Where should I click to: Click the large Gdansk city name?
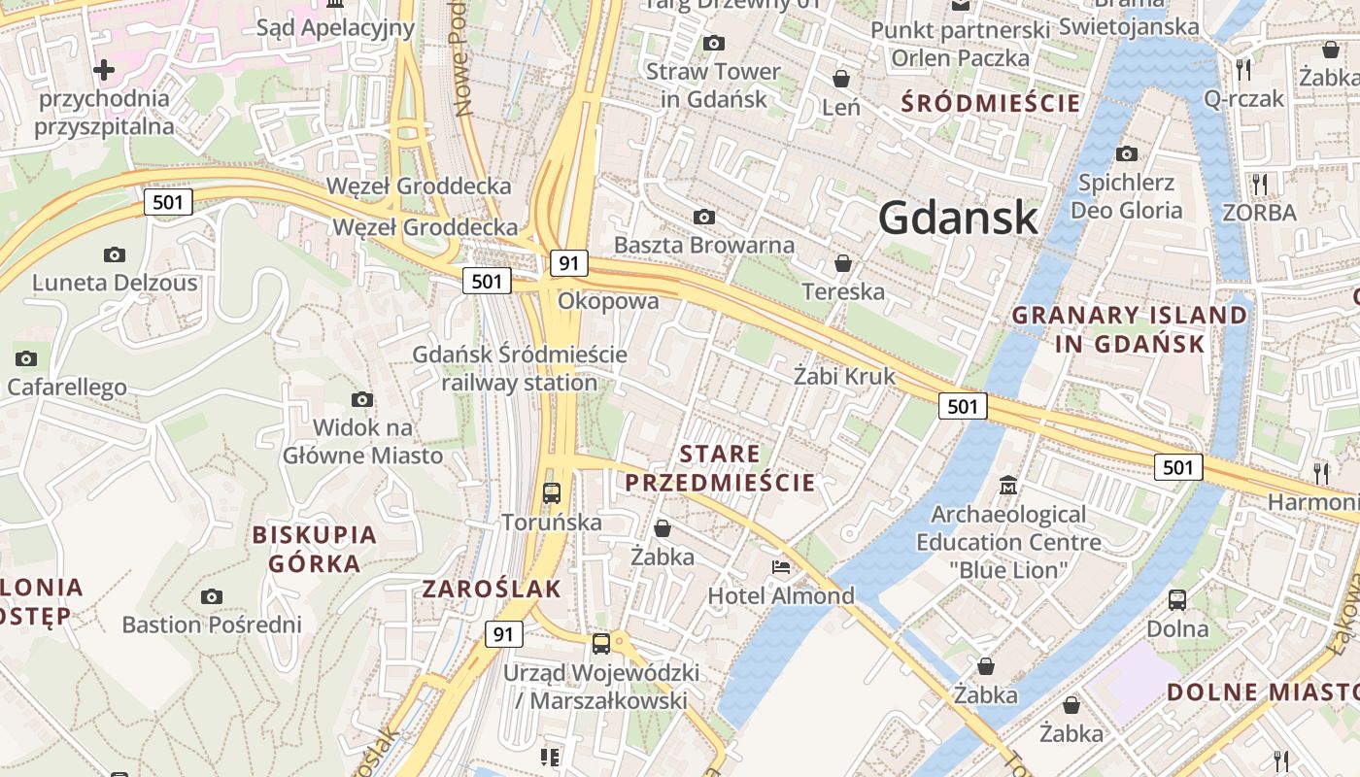(x=958, y=218)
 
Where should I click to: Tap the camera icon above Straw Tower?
(x=714, y=43)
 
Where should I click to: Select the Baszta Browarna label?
(x=704, y=245)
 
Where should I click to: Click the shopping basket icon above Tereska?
(x=843, y=263)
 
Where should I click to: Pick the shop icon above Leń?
(x=841, y=79)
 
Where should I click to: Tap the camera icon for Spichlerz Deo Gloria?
(x=1127, y=153)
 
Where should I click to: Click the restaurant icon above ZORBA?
(x=1260, y=184)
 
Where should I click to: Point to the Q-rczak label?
(x=1243, y=98)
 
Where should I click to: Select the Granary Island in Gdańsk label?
(x=1129, y=329)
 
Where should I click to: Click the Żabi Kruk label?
(x=844, y=376)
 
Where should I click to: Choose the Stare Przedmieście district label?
(x=720, y=468)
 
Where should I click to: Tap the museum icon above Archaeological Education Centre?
(x=1008, y=485)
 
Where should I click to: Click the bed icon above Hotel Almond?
(x=780, y=567)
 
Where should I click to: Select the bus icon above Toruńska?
(x=552, y=492)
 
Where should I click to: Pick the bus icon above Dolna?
(x=1177, y=599)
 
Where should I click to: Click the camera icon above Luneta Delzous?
(x=115, y=254)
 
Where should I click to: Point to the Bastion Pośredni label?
(x=212, y=625)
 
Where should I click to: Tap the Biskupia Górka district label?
(x=314, y=549)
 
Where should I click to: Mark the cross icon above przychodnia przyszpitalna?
(x=103, y=70)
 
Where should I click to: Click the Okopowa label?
(x=608, y=301)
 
